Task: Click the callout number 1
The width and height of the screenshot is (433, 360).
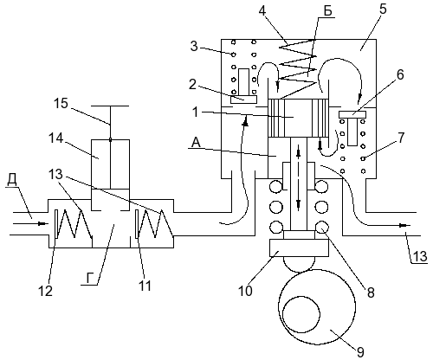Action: (196, 112)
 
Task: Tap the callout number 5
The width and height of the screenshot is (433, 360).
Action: (382, 10)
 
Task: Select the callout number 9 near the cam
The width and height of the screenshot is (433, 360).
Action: (360, 352)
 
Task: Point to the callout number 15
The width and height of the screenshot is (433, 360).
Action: (61, 103)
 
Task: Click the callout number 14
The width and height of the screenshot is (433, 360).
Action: (55, 138)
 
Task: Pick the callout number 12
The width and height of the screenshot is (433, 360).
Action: (46, 291)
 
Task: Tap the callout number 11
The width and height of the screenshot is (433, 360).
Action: (145, 286)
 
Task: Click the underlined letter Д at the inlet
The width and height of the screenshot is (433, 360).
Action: (12, 180)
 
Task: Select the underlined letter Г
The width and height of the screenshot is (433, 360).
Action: (90, 279)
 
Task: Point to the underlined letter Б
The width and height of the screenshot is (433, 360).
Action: (327, 11)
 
